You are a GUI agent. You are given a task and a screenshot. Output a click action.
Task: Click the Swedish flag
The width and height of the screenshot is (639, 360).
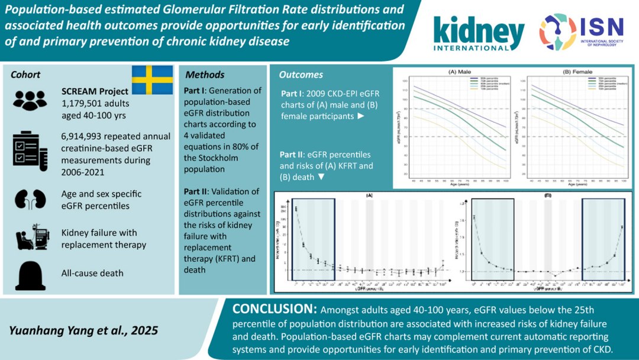pyautogui.click(x=151, y=80)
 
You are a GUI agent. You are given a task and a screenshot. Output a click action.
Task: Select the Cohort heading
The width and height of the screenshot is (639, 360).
pyautogui.click(x=25, y=75)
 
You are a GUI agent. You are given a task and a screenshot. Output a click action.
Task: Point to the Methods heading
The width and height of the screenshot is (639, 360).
pyautogui.click(x=205, y=75)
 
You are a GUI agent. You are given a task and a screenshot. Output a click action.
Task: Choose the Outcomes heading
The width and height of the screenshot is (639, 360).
pyautogui.click(x=301, y=75)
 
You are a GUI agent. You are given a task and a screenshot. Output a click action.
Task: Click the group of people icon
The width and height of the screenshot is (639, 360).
pyautogui.click(x=29, y=99)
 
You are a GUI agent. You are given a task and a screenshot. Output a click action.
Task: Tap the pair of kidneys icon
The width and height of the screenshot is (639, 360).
pyautogui.click(x=29, y=199)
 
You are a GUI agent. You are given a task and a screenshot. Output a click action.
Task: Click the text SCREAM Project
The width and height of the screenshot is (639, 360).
pyautogui.click(x=95, y=91)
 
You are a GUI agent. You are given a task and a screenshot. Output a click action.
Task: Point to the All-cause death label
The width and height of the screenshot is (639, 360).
pyautogui.click(x=93, y=274)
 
